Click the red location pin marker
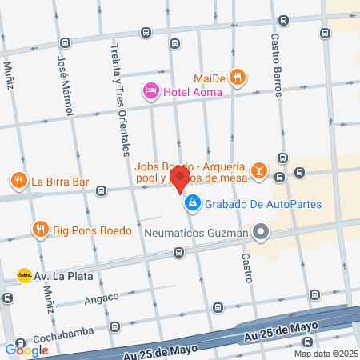pyautogui.click(x=181, y=179)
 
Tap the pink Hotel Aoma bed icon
pyautogui.click(x=150, y=91)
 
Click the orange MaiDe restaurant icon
pyautogui.click(x=236, y=78)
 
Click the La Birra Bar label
pyautogui.click(x=60, y=181)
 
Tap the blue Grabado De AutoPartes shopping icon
pyautogui.click(x=192, y=204)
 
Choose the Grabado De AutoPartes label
pyautogui.click(x=262, y=204)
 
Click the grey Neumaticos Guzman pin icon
pyautogui.click(x=259, y=233)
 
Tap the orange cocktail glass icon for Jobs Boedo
pyautogui.click(x=259, y=170)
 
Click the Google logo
pyautogui.click(x=26, y=350)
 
